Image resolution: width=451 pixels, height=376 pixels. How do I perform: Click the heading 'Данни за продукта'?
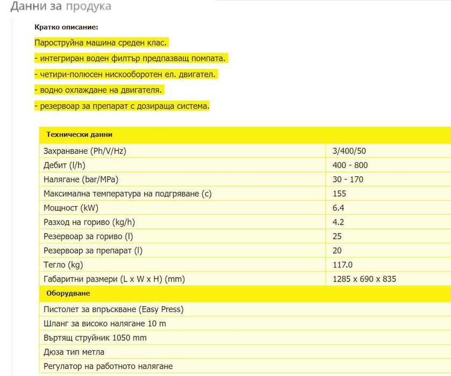pyautogui.click(x=61, y=6)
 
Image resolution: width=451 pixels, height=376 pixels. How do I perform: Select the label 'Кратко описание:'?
pyautogui.click(x=66, y=27)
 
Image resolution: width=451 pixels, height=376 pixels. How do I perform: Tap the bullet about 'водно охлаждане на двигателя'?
pyautogui.click(x=98, y=90)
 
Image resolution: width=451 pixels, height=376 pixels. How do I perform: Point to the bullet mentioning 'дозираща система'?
pyautogui.click(x=121, y=106)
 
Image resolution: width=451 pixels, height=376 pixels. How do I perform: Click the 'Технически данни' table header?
pyautogui.click(x=79, y=135)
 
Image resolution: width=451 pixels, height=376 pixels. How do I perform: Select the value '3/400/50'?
pyautogui.click(x=349, y=151)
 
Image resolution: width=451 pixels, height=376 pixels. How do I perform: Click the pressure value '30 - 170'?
pyautogui.click(x=348, y=179)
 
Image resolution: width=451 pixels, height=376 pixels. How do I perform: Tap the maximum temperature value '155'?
pyautogui.click(x=340, y=193)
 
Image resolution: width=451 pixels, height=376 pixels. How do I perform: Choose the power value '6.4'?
pyautogui.click(x=339, y=208)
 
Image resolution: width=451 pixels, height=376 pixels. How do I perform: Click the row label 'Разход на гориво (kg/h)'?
pyautogui.click(x=89, y=222)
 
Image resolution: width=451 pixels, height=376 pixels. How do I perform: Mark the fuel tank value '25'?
pyautogui.click(x=338, y=236)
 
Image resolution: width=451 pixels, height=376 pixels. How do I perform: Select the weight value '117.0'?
pyautogui.click(x=343, y=265)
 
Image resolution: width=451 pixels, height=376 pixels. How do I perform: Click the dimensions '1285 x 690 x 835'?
pyautogui.click(x=365, y=279)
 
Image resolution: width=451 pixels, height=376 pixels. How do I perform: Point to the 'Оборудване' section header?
pyautogui.click(x=68, y=293)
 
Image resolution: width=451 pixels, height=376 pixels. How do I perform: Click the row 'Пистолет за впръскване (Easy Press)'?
pyautogui.click(x=113, y=309)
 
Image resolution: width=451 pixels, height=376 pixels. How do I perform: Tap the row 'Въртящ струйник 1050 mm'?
pyautogui.click(x=95, y=338)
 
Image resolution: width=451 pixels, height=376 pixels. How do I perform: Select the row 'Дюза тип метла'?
pyautogui.click(x=74, y=352)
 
